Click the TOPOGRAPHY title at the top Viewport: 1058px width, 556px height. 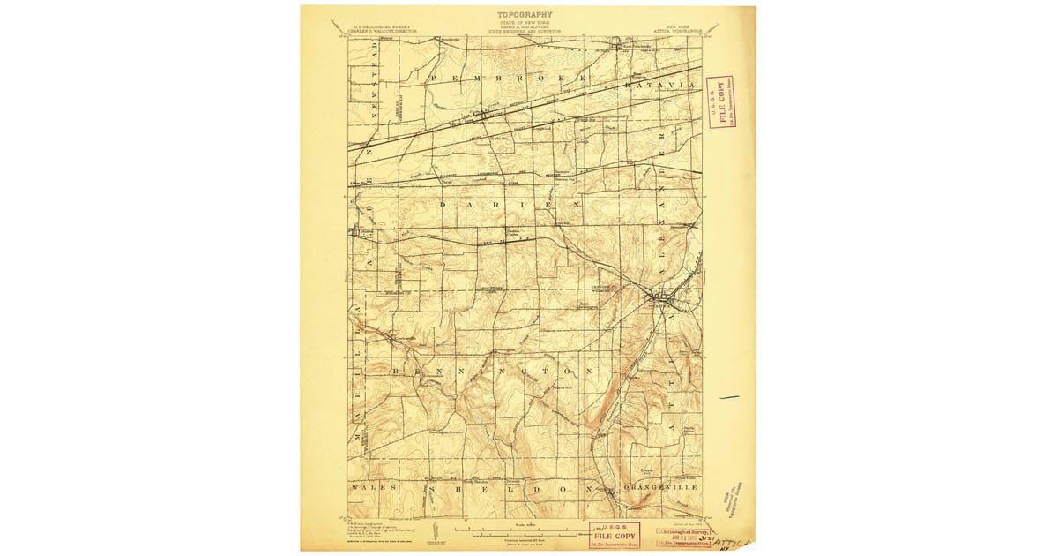[525, 14]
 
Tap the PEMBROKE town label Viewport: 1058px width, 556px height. [507, 79]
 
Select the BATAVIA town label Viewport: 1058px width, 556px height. [660, 86]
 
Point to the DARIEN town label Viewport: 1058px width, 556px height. [509, 205]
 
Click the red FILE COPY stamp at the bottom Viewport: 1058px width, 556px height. [615, 535]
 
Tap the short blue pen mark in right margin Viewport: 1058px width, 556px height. [729, 398]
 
